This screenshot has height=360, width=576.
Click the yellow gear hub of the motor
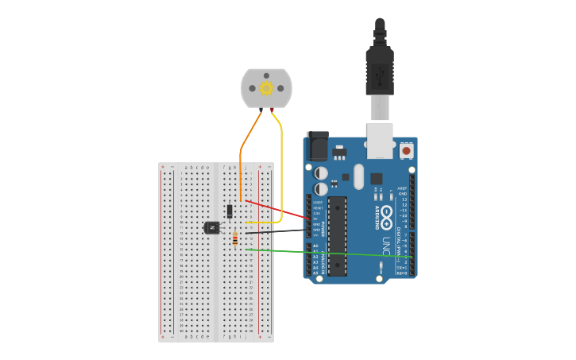click(x=267, y=88)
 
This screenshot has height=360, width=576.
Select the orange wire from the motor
click(x=241, y=159)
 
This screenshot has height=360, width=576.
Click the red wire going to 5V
click(x=278, y=210)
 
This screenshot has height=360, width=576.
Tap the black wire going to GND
click(x=278, y=231)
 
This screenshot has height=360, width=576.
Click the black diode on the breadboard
click(x=230, y=211)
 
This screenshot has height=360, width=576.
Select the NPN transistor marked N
click(x=211, y=227)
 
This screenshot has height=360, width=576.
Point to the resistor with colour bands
click(x=235, y=238)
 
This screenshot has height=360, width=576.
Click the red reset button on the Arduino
click(x=407, y=149)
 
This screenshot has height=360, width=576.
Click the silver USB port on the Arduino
click(x=380, y=137)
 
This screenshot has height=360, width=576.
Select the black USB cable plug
click(x=380, y=72)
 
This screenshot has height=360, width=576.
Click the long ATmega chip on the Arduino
click(x=337, y=235)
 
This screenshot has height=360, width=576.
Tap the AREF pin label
click(x=403, y=188)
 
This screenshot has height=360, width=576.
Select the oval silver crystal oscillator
click(x=358, y=176)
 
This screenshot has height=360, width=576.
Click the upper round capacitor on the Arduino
click(x=321, y=172)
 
